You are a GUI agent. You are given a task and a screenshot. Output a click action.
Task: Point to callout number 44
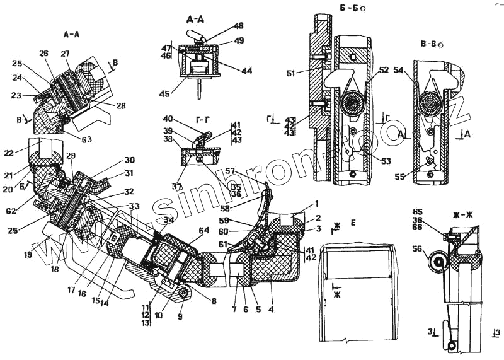pos(246,71)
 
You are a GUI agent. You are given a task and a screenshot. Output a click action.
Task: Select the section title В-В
pos(430,44)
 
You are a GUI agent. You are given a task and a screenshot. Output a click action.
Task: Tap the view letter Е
pos(354,223)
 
